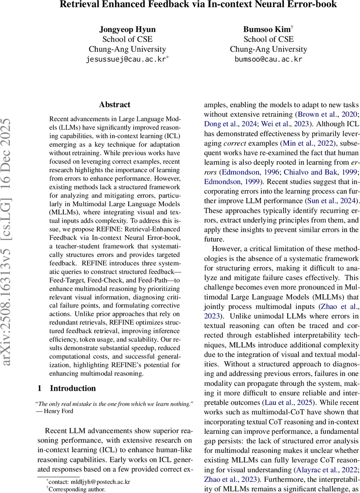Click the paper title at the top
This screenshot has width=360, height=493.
(198, 5)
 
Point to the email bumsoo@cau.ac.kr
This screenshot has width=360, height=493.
(268, 59)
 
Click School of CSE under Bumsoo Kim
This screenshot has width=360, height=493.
(268, 39)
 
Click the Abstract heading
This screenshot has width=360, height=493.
(115, 105)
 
